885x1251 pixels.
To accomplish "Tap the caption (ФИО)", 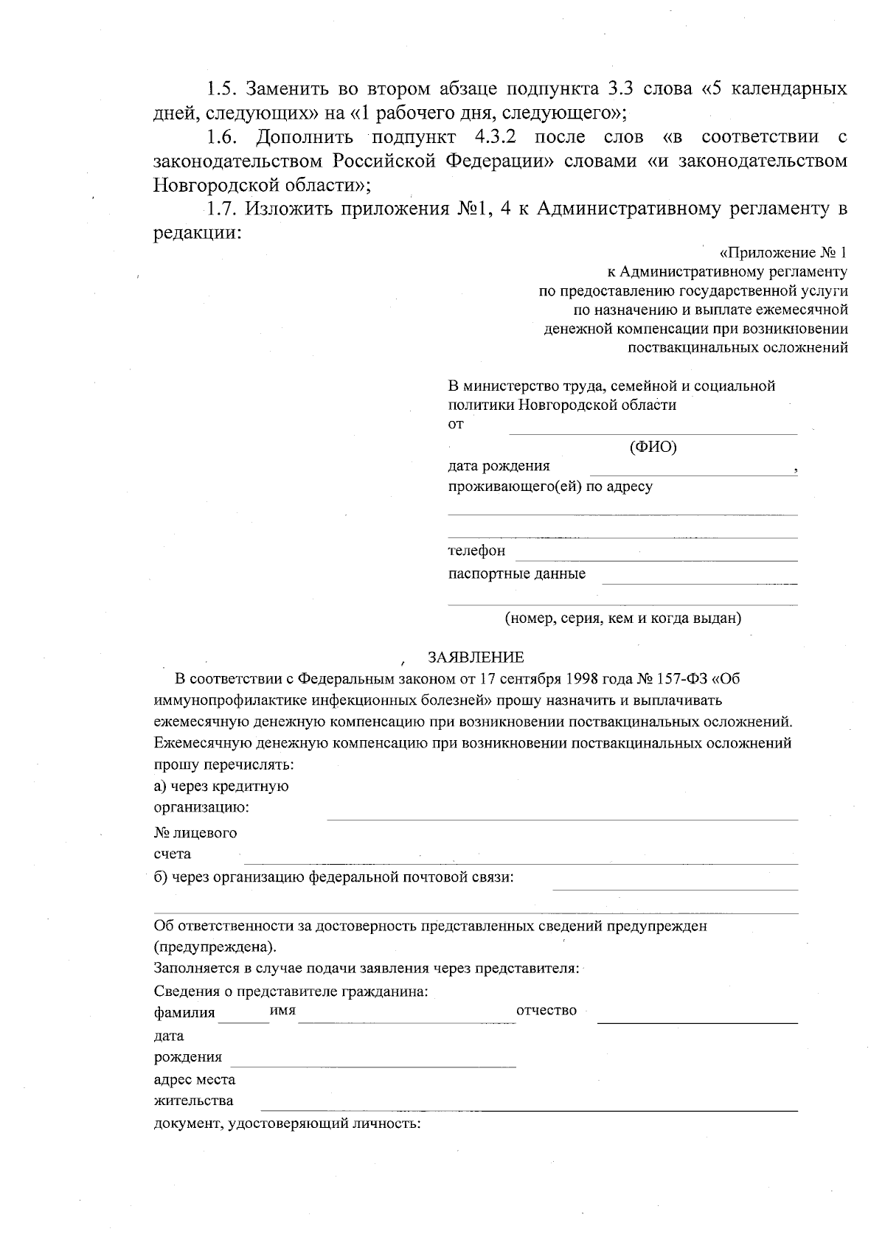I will (653, 447).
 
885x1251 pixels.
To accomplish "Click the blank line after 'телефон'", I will (656, 560).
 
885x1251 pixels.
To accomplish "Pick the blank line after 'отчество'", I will (697, 1022).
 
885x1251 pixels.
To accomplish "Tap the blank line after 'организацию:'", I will (562, 818).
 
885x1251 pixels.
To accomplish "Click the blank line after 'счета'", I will (520, 863).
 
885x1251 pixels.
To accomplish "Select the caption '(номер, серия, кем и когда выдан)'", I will (622, 618).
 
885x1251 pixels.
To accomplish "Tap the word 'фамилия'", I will (184, 1012).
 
